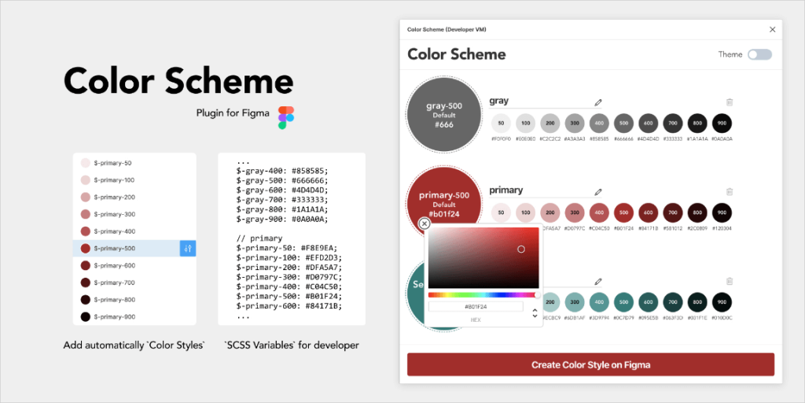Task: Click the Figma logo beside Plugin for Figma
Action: [x=286, y=117]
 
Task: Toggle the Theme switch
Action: [x=759, y=54]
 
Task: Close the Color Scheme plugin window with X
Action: [x=772, y=29]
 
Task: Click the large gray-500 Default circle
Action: [x=444, y=114]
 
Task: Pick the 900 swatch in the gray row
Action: [x=722, y=123]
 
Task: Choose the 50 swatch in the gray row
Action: [x=502, y=123]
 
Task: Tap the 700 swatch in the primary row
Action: [x=672, y=212]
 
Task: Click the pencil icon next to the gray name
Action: [x=598, y=102]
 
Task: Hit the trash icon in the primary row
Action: [x=730, y=190]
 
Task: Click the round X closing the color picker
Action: [x=425, y=224]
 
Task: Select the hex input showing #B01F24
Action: [x=476, y=306]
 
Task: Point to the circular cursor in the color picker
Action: [x=520, y=249]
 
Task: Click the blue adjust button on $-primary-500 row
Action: [x=188, y=249]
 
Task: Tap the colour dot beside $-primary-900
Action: [x=85, y=316]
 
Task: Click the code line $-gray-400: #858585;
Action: [x=281, y=170]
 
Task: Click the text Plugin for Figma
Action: [x=233, y=113]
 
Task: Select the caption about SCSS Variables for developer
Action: [x=291, y=345]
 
